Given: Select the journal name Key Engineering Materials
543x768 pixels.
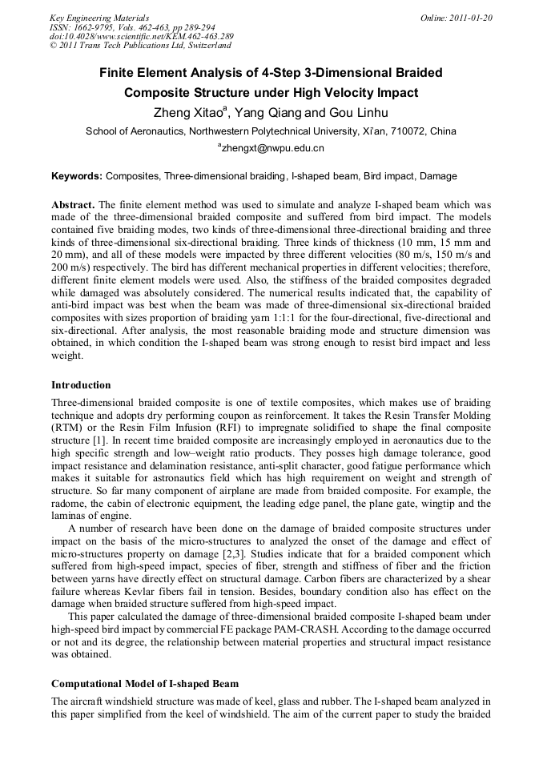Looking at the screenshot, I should click(x=99, y=17).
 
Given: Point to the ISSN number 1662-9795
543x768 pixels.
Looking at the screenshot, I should click(x=96, y=26).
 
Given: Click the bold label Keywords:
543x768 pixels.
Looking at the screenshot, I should click(x=77, y=175).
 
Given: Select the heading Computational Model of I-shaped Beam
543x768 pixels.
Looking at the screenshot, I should click(x=144, y=683).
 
